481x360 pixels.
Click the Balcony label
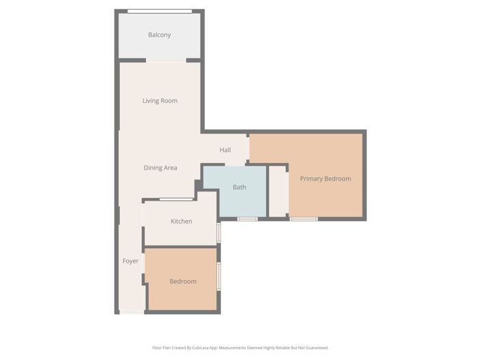tap(160, 35)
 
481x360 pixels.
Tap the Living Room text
tap(160, 101)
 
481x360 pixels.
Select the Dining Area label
tap(160, 168)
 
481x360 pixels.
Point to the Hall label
tap(225, 150)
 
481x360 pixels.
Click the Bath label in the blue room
tap(239, 187)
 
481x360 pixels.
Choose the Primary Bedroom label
tap(325, 179)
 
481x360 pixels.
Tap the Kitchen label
tap(181, 221)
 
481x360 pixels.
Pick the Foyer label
tap(130, 261)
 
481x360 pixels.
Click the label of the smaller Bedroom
tap(183, 281)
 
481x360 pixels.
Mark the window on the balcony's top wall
tap(160, 11)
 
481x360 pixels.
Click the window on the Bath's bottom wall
tap(247, 219)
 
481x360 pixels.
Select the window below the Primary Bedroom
tap(304, 219)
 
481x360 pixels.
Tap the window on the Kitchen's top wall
tap(176, 199)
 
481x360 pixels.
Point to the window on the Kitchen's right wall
tap(218, 232)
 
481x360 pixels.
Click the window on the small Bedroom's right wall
tap(218, 276)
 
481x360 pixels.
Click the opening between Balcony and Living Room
tap(166, 61)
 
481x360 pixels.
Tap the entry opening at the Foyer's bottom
tap(132, 312)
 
